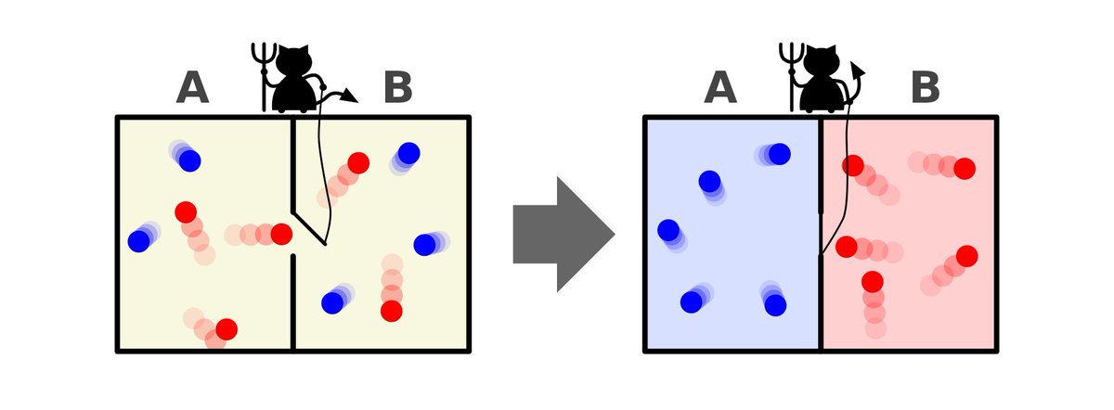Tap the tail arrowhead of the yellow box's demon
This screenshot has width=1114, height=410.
coord(350,94)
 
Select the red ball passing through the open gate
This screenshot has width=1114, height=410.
coord(281,234)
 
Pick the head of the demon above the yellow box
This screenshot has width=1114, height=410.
coord(297,61)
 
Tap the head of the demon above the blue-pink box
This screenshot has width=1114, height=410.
coord(821,61)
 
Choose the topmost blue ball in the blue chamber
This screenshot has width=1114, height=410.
coord(779,153)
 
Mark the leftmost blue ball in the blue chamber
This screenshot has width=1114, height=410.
coord(667,229)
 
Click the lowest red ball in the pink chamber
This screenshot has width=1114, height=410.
coord(872,281)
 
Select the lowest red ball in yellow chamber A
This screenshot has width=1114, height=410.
coord(226,328)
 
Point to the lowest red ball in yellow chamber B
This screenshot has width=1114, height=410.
coord(392,311)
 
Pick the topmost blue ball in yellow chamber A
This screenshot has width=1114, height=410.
coord(190,160)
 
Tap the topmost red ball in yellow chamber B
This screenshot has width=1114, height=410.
coord(358,162)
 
